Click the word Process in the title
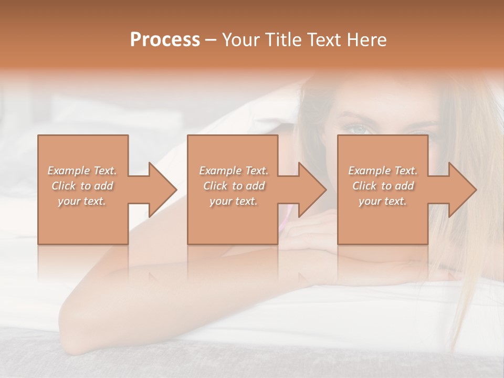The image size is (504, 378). click(165, 40)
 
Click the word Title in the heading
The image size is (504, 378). click(280, 40)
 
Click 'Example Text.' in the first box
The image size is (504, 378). click(82, 171)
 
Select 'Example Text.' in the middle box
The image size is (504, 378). click(234, 171)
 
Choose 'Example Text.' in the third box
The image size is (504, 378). click(383, 171)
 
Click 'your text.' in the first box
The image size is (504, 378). click(82, 201)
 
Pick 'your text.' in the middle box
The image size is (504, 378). click(234, 201)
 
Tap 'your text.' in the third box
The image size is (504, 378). click(383, 201)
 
